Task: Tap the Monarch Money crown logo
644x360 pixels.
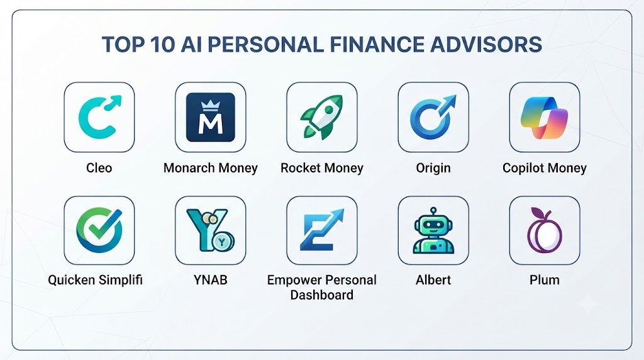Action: click(x=210, y=117)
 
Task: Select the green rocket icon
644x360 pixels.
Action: click(x=321, y=117)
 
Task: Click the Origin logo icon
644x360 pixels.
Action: click(x=433, y=117)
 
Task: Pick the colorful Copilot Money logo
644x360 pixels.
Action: click(x=544, y=118)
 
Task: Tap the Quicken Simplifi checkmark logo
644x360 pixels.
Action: click(x=99, y=230)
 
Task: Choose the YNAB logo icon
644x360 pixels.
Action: click(x=210, y=230)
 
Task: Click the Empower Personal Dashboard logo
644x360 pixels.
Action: click(x=321, y=230)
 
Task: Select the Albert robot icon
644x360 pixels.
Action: click(x=433, y=230)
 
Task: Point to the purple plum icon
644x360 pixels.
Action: click(x=544, y=230)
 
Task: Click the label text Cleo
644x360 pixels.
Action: click(x=99, y=167)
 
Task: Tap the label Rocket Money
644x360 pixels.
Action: click(x=321, y=168)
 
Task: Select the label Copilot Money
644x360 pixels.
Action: click(x=544, y=168)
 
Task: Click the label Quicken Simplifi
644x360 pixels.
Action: click(x=96, y=280)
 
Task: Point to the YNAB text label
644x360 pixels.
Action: click(x=210, y=280)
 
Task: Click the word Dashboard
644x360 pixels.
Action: click(x=321, y=295)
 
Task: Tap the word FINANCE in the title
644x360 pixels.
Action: click(x=377, y=45)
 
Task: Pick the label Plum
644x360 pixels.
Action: click(x=544, y=280)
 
